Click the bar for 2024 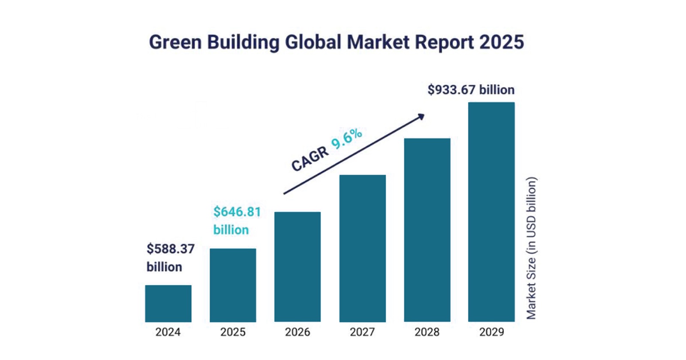[168, 303]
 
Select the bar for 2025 [233, 285]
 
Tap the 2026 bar [298, 267]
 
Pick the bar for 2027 [362, 248]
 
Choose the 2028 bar [427, 230]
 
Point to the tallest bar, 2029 [491, 212]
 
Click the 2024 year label [168, 332]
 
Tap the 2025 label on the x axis [233, 332]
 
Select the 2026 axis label [298, 332]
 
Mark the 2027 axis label [362, 332]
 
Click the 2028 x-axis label [427, 332]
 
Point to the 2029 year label [491, 332]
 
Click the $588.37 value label [171, 249]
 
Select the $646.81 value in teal [237, 212]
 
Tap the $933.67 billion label [471, 90]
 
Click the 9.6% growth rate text [347, 139]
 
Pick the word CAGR [310, 159]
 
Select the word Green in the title [175, 42]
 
